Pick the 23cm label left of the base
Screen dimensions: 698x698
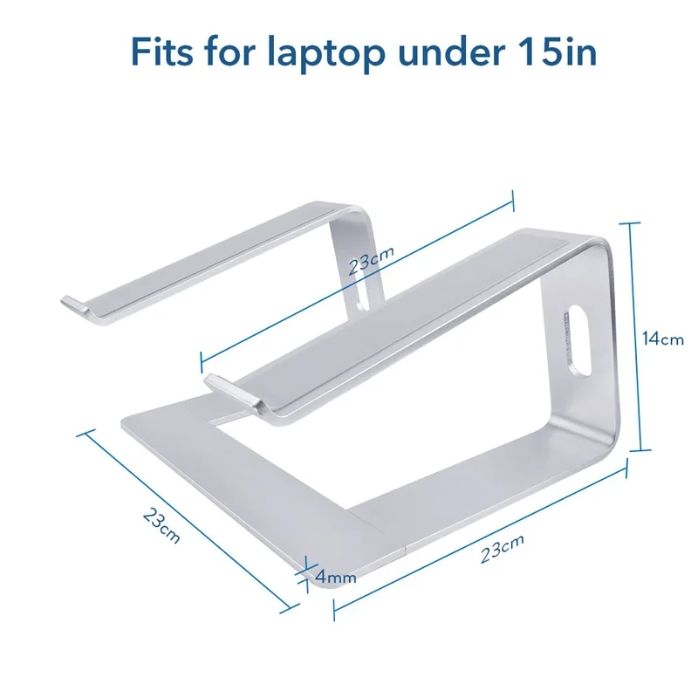click(161, 525)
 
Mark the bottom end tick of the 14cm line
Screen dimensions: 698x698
click(641, 450)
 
